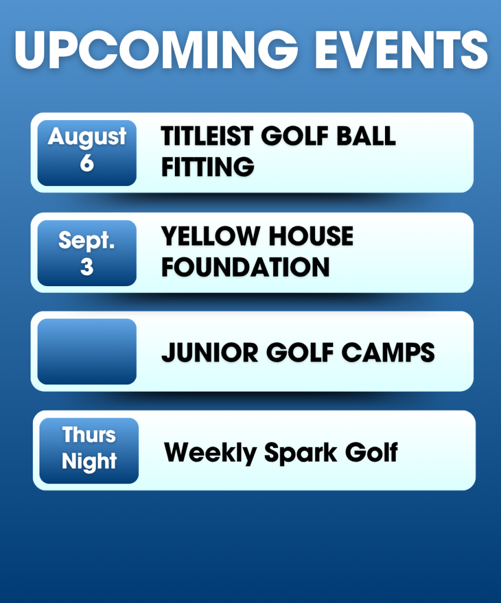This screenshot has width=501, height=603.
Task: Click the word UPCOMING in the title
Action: [156, 50]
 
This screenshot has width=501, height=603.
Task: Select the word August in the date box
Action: [87, 137]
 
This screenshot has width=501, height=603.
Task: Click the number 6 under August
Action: [87, 163]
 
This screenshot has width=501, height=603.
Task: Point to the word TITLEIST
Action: [207, 136]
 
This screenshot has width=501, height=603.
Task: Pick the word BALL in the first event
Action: [366, 136]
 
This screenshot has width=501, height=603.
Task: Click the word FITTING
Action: [208, 167]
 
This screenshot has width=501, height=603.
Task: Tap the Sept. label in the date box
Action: [87, 241]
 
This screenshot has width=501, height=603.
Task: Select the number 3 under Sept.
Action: [87, 267]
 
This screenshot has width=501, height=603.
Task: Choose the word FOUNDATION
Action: [245, 267]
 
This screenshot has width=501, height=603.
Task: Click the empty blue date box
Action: [87, 352]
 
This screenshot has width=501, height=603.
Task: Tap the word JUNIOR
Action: [210, 352]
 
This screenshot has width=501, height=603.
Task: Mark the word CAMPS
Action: [388, 352]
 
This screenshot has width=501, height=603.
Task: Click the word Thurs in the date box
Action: [89, 435]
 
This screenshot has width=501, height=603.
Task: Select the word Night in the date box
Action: [89, 462]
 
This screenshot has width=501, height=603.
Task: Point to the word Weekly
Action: [210, 453]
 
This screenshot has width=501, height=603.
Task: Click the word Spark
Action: [301, 453]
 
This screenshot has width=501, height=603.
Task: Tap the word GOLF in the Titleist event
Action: [295, 136]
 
